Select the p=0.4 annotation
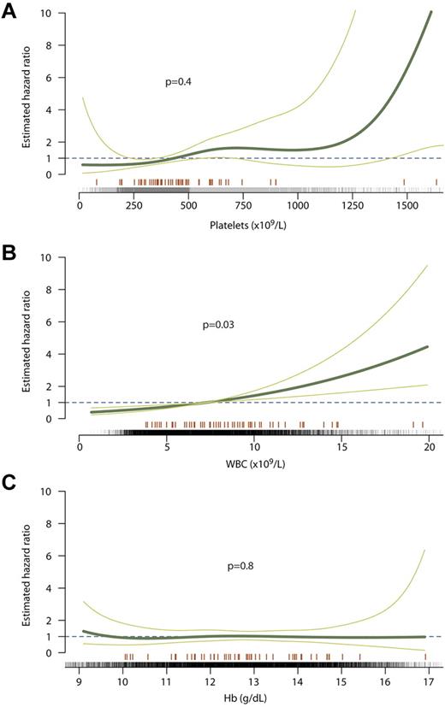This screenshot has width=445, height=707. tap(179, 81)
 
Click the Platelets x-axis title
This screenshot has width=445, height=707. tap(256, 226)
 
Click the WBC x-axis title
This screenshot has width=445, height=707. tap(254, 468)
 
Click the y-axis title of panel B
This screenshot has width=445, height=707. tap(28, 338)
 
